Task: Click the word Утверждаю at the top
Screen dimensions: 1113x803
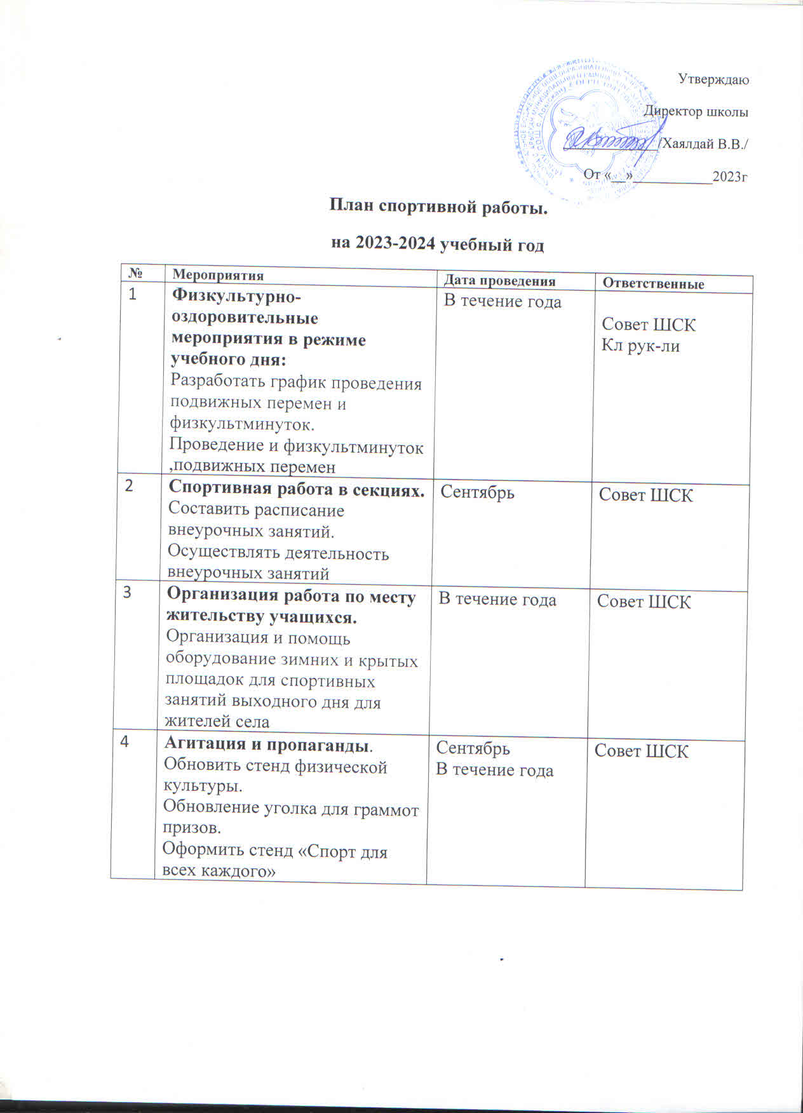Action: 713,80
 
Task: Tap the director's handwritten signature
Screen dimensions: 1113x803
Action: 610,140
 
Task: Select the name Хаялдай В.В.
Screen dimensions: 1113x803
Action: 704,144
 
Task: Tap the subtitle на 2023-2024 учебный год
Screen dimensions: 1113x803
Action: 438,245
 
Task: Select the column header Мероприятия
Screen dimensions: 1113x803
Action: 218,275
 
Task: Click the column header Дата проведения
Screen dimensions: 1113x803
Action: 499,281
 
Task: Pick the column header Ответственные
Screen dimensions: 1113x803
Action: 653,284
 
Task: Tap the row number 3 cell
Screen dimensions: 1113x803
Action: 128,592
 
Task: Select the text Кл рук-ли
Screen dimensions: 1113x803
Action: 640,347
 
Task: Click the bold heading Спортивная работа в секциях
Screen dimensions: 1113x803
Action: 296,489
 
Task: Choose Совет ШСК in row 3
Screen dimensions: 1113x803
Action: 644,602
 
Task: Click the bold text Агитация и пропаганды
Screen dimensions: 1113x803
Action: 269,744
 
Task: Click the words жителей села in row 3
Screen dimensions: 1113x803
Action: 217,722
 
